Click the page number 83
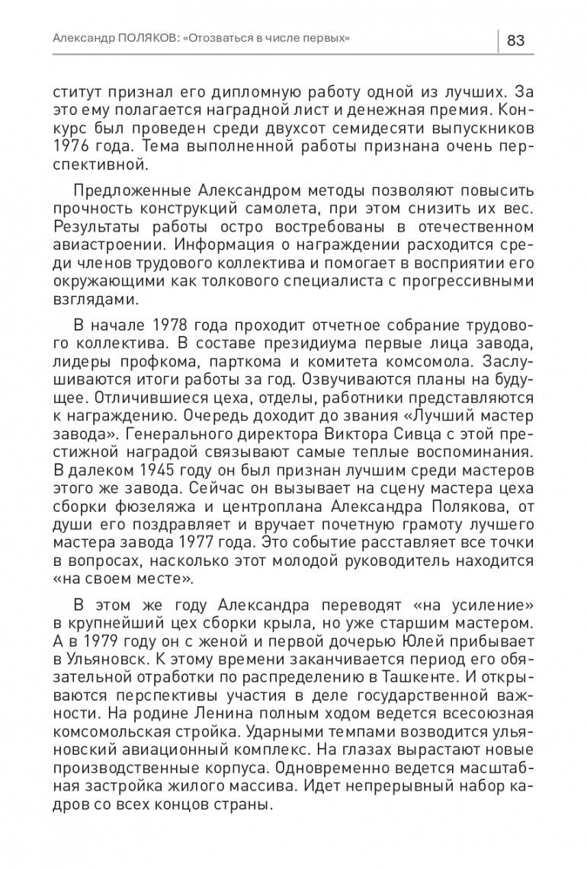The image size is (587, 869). [x=516, y=40]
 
